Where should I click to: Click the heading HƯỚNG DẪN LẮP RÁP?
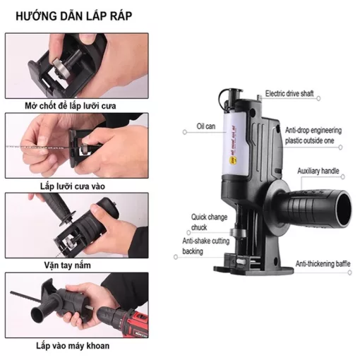(x=73, y=16)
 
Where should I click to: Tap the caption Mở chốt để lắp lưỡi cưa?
(x=71, y=106)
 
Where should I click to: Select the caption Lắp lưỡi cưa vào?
(x=73, y=186)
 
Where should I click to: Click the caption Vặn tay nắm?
(x=68, y=265)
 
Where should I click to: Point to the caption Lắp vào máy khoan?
(x=73, y=346)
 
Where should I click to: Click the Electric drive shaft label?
(x=289, y=93)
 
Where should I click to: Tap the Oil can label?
(x=206, y=126)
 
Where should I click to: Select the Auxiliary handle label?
(x=318, y=171)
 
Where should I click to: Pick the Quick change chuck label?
(x=209, y=222)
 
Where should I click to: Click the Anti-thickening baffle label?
(x=323, y=264)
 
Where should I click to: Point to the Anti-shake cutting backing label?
(x=206, y=246)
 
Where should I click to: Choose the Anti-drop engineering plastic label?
(x=313, y=136)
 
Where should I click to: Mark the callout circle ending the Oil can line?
(x=185, y=132)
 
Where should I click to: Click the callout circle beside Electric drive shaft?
(x=318, y=99)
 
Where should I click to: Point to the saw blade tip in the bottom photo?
(x=11, y=292)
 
